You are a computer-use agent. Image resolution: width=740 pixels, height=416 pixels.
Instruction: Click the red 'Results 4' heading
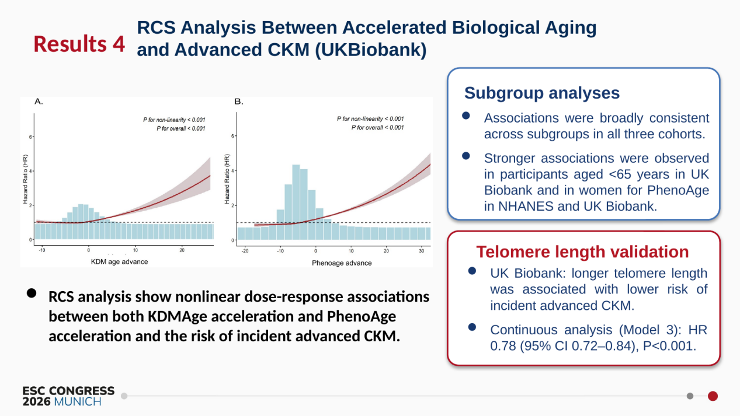click(x=79, y=44)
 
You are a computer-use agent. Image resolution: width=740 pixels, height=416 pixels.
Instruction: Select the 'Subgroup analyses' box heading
click(x=542, y=93)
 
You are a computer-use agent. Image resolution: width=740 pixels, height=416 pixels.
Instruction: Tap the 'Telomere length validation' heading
click(x=582, y=251)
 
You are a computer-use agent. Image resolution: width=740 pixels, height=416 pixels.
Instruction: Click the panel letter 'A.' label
click(x=39, y=102)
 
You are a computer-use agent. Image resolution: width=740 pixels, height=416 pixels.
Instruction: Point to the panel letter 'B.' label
click(x=238, y=102)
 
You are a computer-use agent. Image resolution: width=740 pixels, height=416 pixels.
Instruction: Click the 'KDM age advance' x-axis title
click(x=119, y=261)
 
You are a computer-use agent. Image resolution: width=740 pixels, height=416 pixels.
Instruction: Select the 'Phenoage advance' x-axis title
click(x=342, y=263)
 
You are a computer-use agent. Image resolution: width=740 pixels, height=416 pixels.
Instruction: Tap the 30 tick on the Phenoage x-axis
click(x=422, y=251)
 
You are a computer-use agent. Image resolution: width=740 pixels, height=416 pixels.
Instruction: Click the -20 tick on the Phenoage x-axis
click(x=245, y=251)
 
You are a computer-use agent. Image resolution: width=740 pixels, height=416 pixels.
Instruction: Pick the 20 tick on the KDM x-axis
click(x=182, y=250)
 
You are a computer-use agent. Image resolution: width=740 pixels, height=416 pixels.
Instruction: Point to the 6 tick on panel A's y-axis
click(x=30, y=137)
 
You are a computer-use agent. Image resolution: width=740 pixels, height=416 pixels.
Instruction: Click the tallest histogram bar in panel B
click(x=296, y=202)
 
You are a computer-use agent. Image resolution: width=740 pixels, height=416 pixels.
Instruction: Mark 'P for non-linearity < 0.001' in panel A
click(x=174, y=120)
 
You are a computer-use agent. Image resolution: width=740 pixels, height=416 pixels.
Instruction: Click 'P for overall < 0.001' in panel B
click(x=378, y=128)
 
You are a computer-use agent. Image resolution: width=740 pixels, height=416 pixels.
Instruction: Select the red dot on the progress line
click(x=713, y=396)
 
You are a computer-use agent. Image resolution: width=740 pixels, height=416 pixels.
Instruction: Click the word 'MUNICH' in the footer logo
click(x=78, y=402)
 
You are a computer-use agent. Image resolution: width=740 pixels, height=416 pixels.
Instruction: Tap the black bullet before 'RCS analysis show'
click(x=32, y=293)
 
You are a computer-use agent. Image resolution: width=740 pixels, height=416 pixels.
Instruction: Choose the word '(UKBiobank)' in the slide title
click(x=371, y=50)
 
